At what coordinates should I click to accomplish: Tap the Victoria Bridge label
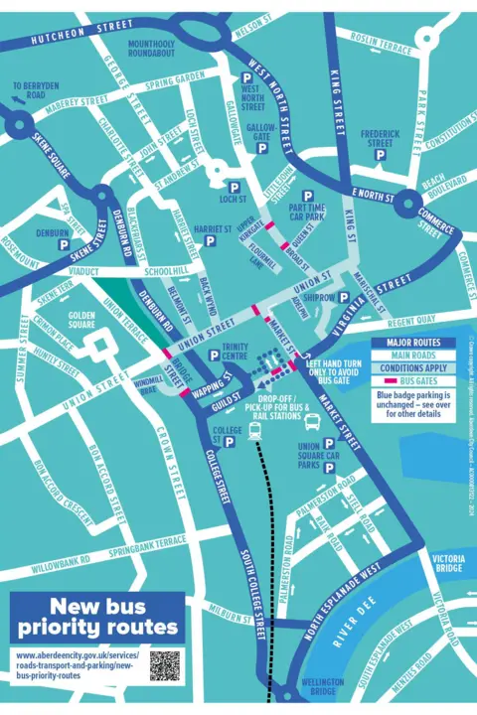click(x=448, y=563)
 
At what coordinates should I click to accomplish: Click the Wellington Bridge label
click(x=321, y=687)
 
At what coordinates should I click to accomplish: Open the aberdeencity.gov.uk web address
click(x=76, y=665)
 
